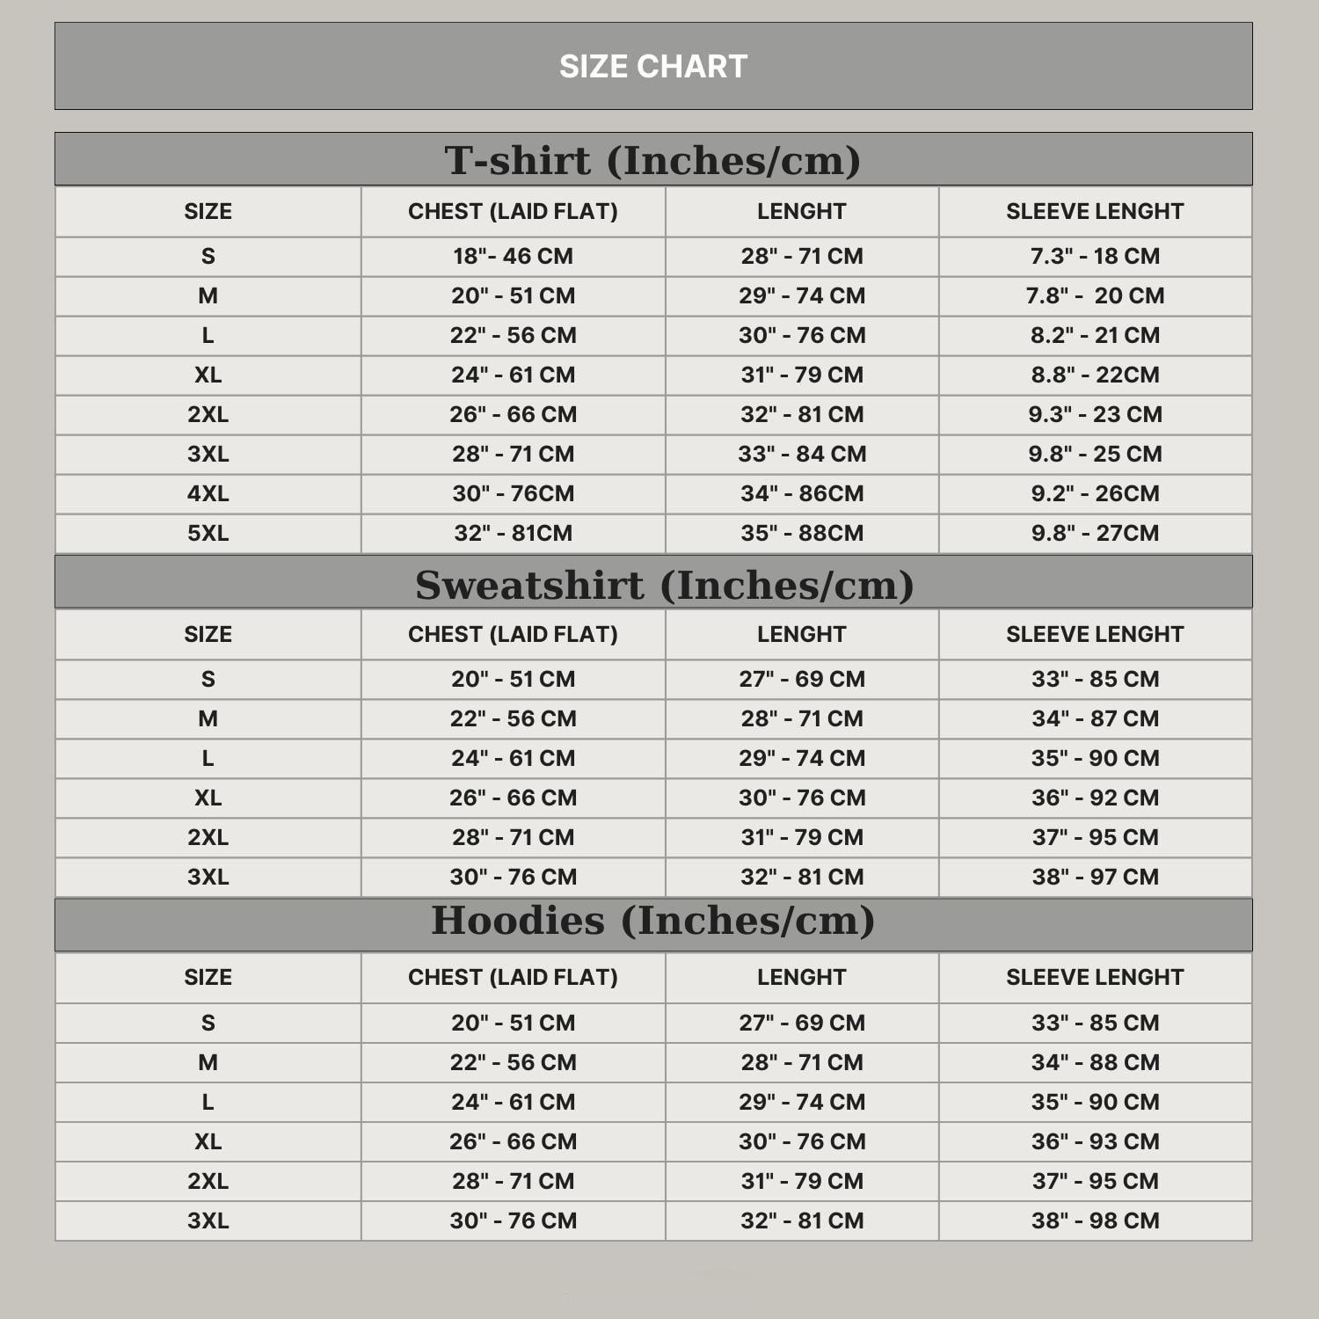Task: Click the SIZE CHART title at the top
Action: [653, 67]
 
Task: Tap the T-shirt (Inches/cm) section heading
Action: [652, 160]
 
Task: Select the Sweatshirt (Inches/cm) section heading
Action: [664, 585]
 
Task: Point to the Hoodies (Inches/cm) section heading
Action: [652, 921]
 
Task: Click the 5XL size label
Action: [208, 533]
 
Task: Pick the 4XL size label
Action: [208, 493]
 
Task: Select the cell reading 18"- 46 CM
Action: [513, 256]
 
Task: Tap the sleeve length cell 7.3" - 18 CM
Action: [1095, 256]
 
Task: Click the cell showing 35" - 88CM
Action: [802, 533]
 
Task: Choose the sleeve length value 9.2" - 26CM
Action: [1095, 493]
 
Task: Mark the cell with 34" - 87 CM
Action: [1095, 718]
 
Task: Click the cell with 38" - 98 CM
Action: [1095, 1221]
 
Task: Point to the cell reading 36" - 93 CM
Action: [1095, 1141]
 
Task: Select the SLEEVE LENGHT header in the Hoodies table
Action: [1095, 977]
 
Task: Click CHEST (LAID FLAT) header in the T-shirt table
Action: [513, 211]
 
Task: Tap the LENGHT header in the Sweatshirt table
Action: [802, 634]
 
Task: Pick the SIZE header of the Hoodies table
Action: [208, 977]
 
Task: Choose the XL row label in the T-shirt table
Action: [208, 375]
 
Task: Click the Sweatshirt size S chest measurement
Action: [513, 679]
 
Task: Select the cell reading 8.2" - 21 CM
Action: [1095, 335]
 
